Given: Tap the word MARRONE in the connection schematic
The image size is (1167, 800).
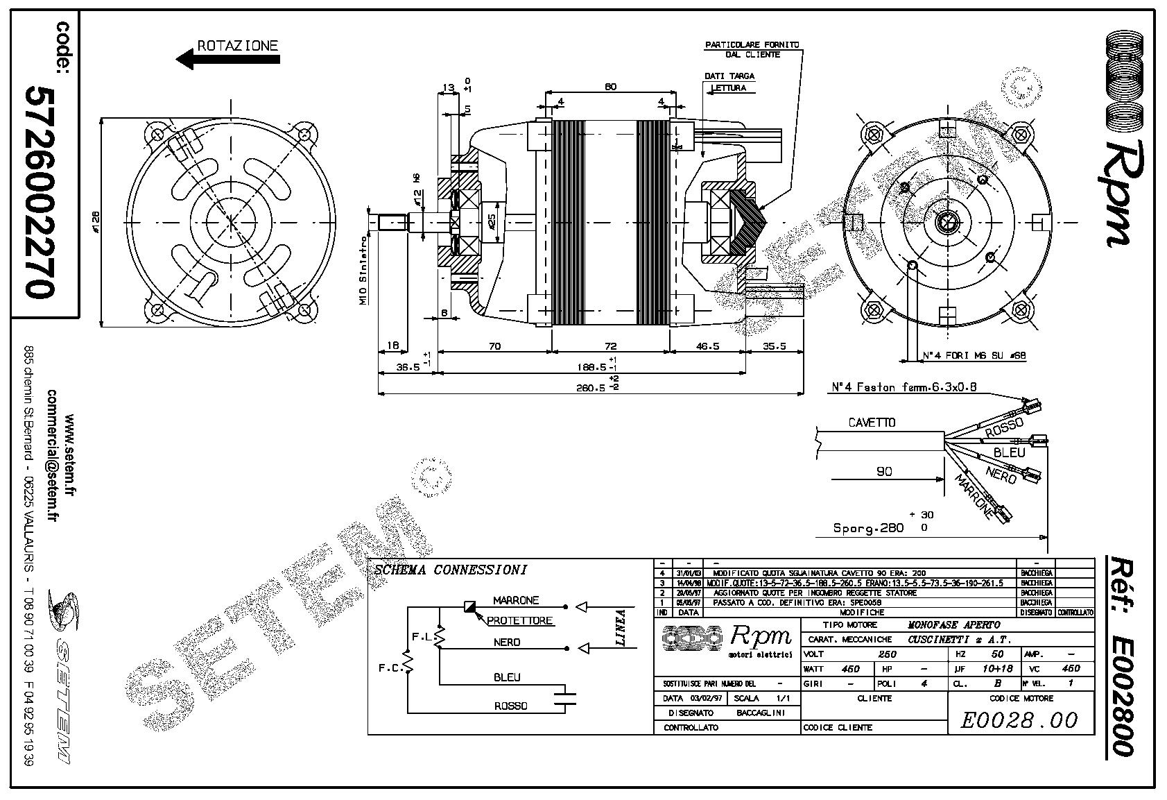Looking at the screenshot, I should tap(515, 600).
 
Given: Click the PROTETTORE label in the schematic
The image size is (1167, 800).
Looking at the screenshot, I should tap(520, 620).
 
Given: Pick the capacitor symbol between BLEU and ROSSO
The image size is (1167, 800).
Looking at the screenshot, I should tap(567, 698).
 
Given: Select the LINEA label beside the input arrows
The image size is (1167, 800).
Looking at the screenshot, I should tap(621, 627).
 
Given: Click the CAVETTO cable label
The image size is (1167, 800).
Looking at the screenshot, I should tap(872, 423).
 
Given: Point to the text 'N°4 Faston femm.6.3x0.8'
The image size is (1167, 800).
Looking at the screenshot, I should tap(904, 387).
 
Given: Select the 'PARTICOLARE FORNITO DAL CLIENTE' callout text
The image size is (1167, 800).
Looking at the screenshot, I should tap(752, 49).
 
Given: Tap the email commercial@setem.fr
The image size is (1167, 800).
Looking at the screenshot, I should tap(52, 455).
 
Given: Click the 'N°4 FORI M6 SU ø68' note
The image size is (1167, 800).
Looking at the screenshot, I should tap(974, 356).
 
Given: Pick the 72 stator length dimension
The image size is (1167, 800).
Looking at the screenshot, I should tap(610, 346).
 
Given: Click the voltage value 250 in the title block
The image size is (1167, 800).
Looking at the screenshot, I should tap(888, 654).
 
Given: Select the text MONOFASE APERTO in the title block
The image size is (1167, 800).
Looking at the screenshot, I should tap(953, 624).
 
